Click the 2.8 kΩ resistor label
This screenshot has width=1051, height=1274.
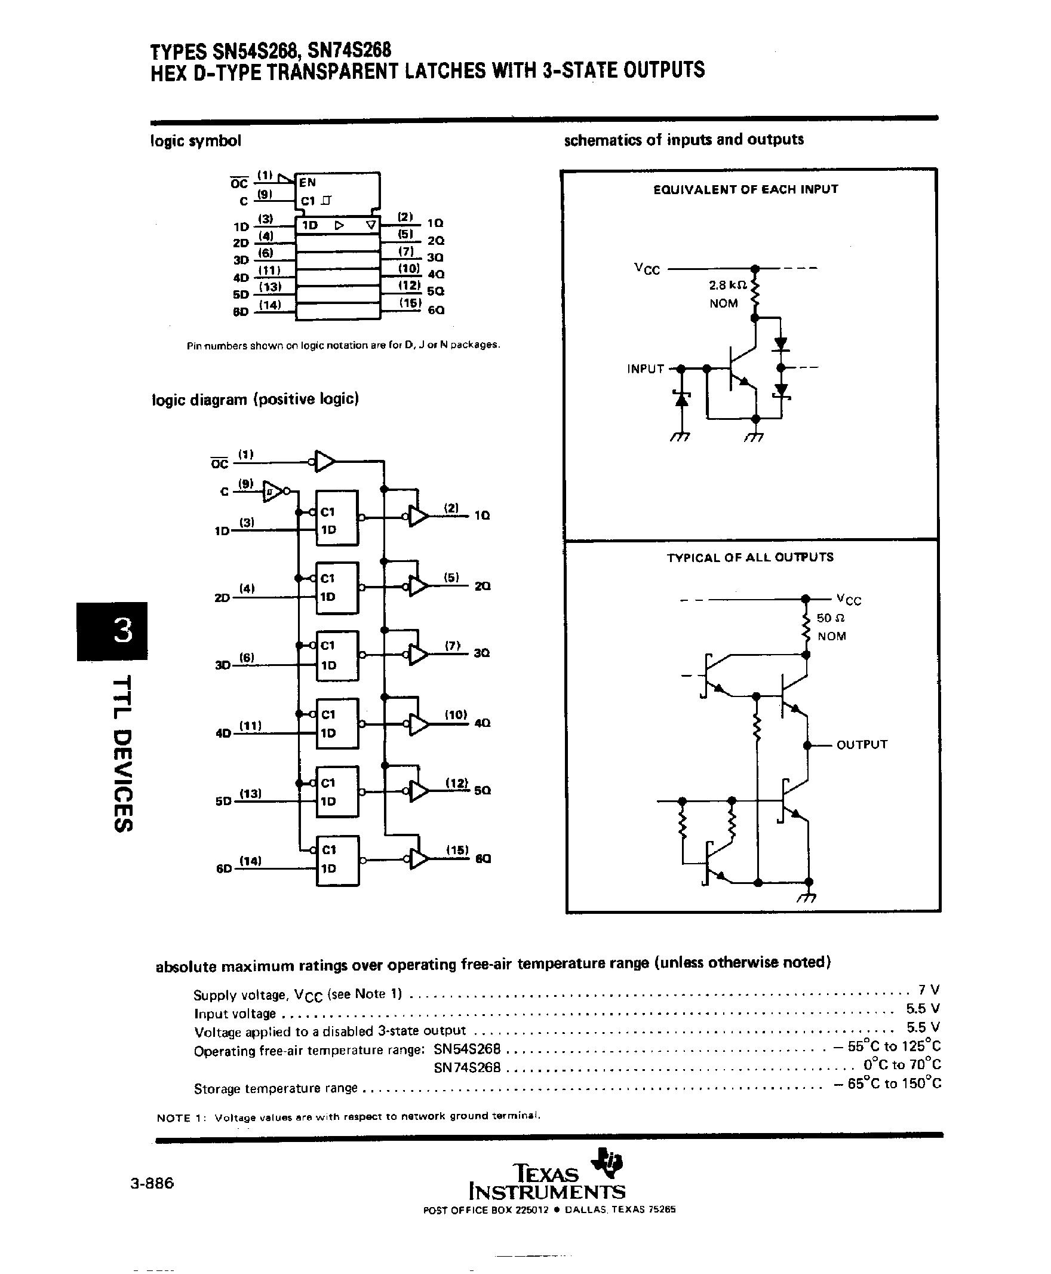pos(728,284)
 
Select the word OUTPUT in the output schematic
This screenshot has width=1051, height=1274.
pos(862,745)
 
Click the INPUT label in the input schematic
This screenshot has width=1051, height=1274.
pos(646,369)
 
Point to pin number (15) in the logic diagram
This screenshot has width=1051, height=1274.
pos(457,850)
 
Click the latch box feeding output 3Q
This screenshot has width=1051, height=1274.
pos(337,656)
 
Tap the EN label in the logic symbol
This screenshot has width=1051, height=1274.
pos(308,182)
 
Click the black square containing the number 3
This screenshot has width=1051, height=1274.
pos(113,630)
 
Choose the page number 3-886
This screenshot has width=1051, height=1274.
pos(152,1183)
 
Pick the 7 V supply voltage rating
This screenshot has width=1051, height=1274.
pos(929,990)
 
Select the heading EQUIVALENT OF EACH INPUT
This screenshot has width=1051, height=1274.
pos(745,189)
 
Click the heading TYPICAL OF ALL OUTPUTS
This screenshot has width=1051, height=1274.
pos(749,558)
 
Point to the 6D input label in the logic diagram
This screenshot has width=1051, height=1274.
pos(224,869)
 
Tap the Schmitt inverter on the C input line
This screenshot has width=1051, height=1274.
pos(273,491)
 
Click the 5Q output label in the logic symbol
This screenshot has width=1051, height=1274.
pos(435,291)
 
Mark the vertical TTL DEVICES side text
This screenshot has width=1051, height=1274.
pos(122,754)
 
